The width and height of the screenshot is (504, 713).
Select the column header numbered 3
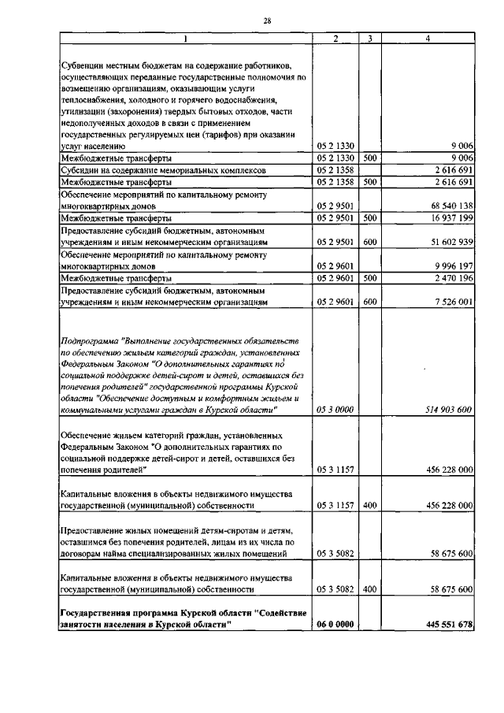[369, 38]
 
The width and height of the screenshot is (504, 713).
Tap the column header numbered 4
[427, 38]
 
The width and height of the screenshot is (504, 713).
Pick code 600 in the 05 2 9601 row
[369, 303]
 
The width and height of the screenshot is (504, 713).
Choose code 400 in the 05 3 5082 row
[369, 589]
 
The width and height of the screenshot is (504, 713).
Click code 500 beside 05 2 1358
[369, 181]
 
